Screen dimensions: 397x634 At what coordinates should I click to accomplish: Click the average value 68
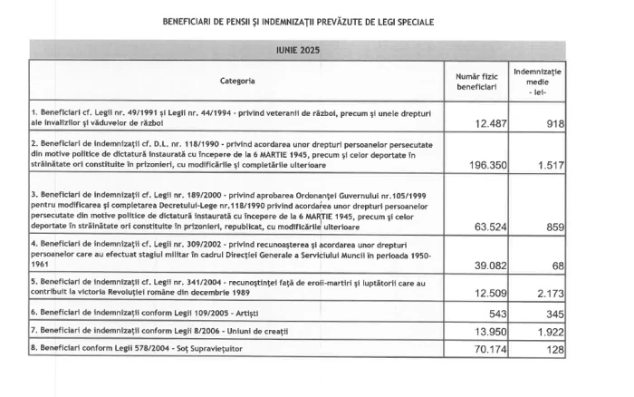556,265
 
